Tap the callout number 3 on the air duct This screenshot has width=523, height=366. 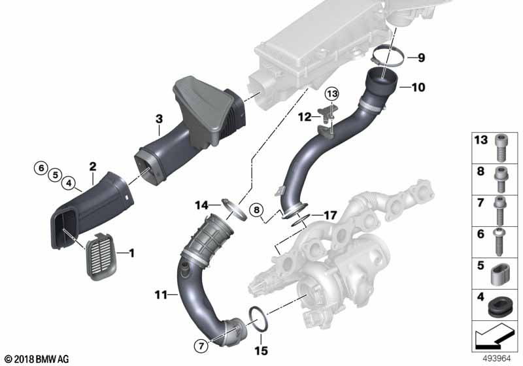coord(159,119)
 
